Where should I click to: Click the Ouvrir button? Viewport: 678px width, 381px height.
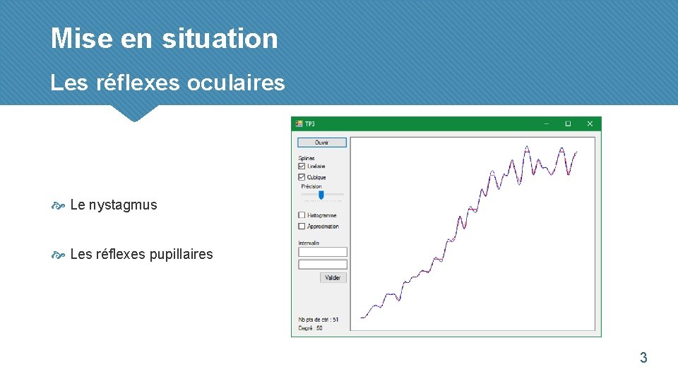click(x=321, y=143)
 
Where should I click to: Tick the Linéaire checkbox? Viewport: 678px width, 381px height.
click(x=302, y=167)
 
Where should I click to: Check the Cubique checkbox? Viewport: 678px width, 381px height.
click(x=302, y=177)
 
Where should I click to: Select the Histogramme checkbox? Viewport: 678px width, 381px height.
click(x=302, y=215)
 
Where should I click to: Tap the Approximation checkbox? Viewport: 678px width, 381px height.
click(x=302, y=226)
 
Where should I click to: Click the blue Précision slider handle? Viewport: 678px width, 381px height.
click(x=321, y=195)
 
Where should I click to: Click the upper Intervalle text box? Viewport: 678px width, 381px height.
click(x=323, y=252)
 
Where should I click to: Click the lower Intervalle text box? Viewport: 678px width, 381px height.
click(x=323, y=265)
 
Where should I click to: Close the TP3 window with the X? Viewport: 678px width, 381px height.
click(x=590, y=123)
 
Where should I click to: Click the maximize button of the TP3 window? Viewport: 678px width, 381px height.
click(x=567, y=123)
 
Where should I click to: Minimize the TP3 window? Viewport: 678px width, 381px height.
click(x=545, y=123)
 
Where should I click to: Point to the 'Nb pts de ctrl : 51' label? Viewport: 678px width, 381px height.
click(x=318, y=320)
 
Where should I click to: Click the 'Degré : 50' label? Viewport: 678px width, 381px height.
click(x=310, y=328)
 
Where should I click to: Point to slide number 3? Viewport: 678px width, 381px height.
click(x=643, y=358)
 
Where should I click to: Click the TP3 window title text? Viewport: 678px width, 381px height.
click(x=310, y=123)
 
